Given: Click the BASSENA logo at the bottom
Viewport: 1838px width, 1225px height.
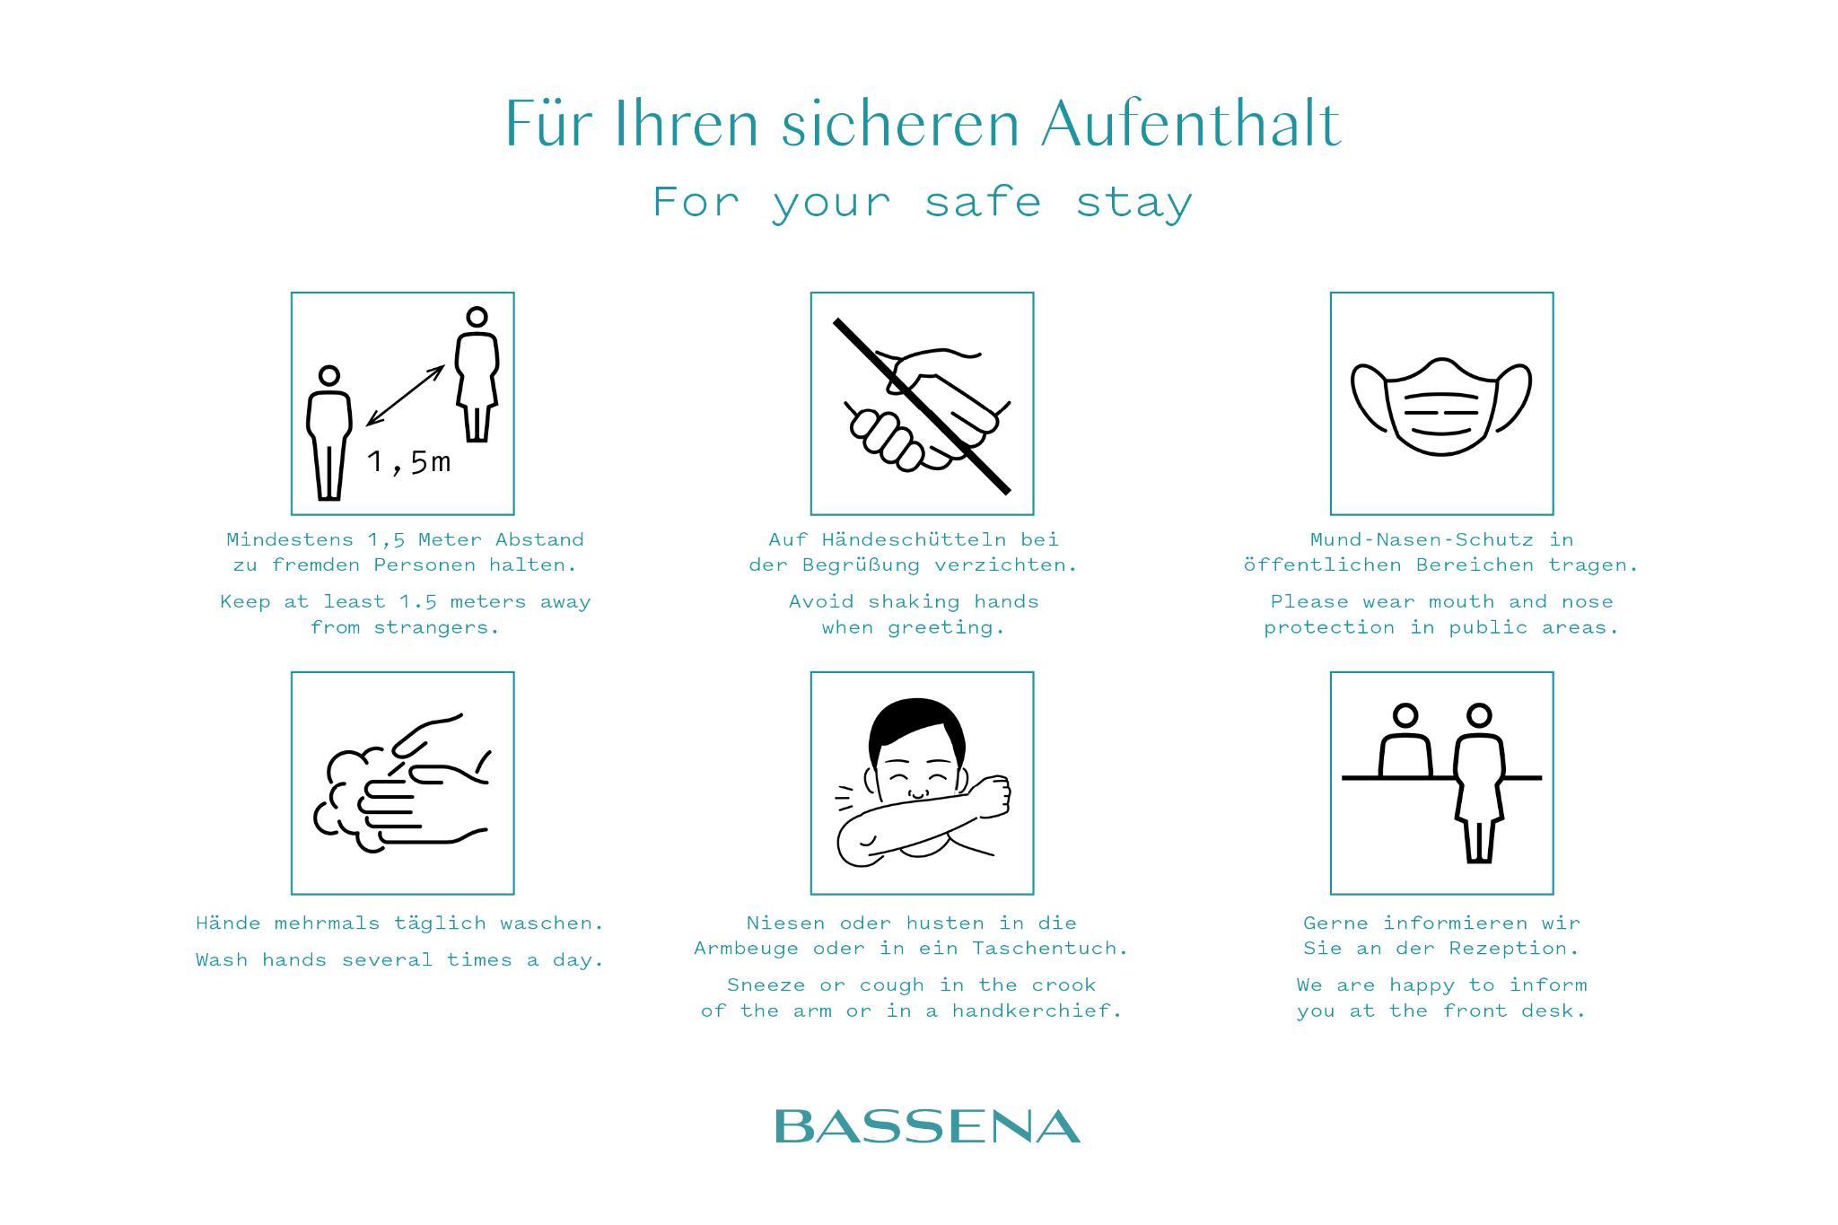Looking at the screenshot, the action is point(927,1126).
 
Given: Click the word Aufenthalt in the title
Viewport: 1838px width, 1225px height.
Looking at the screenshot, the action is point(1191,124).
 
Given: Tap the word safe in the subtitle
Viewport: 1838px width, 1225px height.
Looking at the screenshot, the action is point(983,201).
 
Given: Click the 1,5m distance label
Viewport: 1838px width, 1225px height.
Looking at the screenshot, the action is point(408,462).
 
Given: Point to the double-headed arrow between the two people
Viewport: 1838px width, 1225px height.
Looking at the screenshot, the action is point(406,395).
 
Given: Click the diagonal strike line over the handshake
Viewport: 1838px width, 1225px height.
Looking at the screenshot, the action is point(922,406).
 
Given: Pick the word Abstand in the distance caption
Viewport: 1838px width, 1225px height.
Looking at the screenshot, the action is point(539,539).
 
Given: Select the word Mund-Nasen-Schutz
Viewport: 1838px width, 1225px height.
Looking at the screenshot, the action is point(1422,539).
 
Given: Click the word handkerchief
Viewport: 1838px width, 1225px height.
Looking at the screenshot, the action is point(1037,1011).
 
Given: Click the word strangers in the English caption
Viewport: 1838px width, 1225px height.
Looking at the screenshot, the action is point(435,627).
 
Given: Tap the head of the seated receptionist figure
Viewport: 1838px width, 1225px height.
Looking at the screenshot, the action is point(1405,715).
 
